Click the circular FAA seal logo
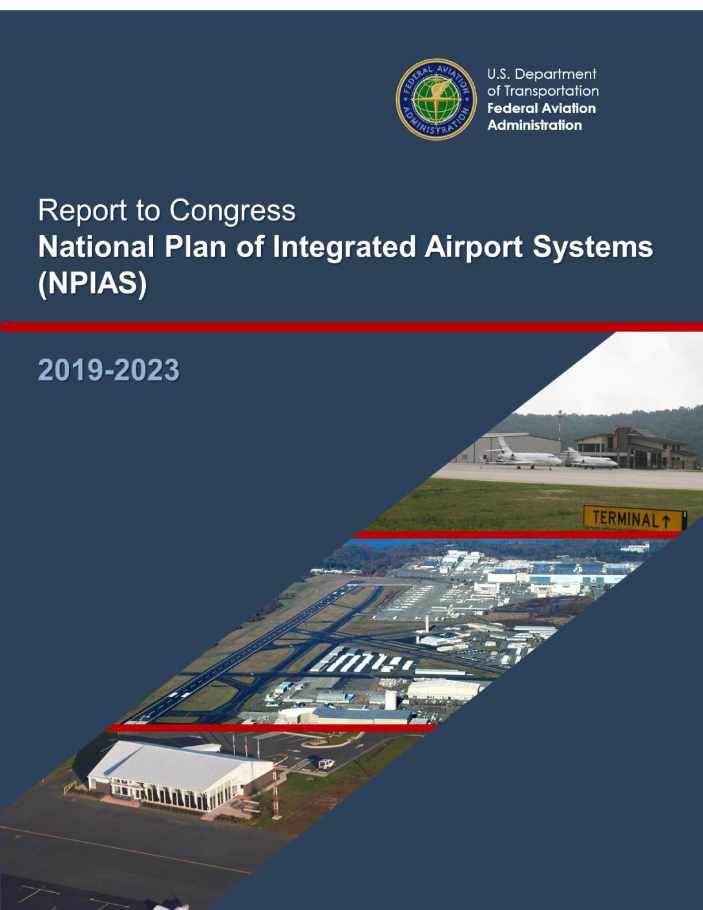(x=436, y=100)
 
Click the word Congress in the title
(x=233, y=210)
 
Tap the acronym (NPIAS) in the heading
(x=92, y=284)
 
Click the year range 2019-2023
(x=109, y=370)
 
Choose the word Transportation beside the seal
(x=551, y=91)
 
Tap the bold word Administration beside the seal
(x=535, y=125)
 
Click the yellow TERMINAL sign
(x=635, y=518)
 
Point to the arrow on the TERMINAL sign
(x=666, y=521)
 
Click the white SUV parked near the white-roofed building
(x=326, y=765)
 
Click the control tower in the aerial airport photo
(x=426, y=624)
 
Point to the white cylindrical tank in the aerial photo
(x=391, y=701)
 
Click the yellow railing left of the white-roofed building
(x=70, y=787)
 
